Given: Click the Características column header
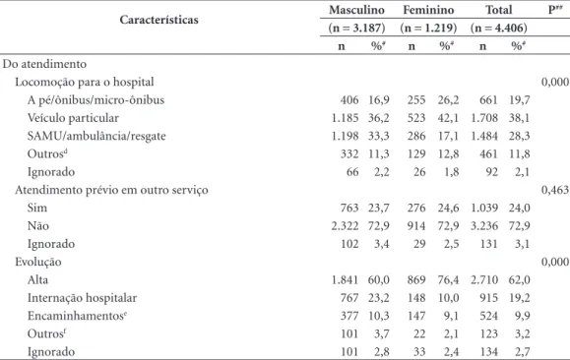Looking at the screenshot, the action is point(158,20).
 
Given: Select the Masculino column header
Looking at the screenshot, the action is point(356,10).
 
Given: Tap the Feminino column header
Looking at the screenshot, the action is point(428,10).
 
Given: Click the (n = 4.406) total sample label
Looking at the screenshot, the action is point(499,28).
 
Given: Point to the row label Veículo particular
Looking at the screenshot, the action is point(73,118).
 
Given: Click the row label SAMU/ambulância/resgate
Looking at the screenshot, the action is point(96,136).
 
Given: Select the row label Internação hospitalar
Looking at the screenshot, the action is point(82,298).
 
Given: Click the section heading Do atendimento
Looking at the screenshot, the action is point(44,64).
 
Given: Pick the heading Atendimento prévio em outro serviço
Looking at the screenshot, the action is point(111,190).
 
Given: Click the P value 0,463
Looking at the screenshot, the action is point(555,190).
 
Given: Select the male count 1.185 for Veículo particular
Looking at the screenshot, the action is point(345,118).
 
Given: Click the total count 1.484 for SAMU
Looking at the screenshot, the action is point(484,136).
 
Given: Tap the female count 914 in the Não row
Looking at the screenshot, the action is point(416,226).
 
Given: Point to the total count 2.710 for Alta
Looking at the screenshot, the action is point(484,280).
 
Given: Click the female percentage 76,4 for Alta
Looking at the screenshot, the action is point(448,280).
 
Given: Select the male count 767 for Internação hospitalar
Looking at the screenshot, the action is point(349,298).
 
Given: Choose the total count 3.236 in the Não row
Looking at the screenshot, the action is point(484,226).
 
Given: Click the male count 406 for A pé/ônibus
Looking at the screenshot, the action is point(349,100).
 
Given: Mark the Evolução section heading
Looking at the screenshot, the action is point(38,262).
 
